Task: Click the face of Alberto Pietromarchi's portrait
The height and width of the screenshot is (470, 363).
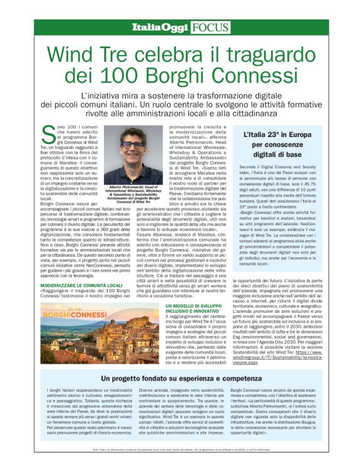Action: (x=133, y=145)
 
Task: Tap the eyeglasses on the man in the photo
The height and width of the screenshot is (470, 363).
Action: (x=133, y=144)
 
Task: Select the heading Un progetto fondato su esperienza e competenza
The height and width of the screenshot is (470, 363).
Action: (x=181, y=379)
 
